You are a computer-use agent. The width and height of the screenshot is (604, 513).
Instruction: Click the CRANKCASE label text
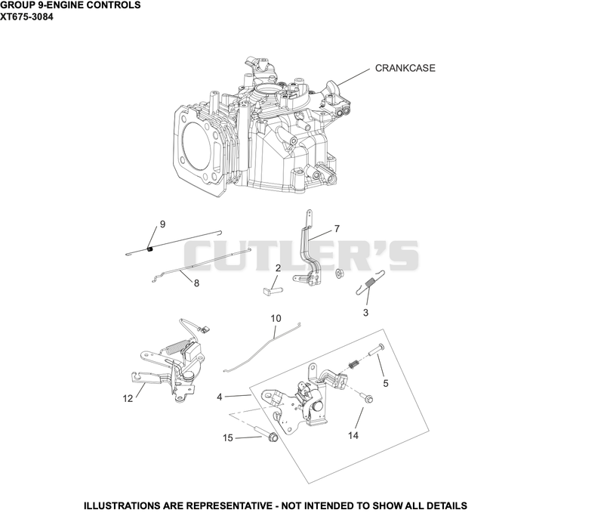405,68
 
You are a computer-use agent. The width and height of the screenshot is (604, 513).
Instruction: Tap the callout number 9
162,224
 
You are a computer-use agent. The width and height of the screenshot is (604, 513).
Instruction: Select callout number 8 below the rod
196,283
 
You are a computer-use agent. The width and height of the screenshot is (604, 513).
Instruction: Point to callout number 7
337,229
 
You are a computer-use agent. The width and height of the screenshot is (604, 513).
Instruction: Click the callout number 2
278,268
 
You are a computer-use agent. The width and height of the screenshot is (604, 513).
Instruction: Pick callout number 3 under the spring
365,313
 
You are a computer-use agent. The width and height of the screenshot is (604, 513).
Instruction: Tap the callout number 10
276,318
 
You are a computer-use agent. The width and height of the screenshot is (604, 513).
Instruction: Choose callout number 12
128,398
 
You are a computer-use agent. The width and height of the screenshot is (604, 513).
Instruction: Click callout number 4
220,397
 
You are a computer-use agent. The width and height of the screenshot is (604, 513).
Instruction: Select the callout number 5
386,384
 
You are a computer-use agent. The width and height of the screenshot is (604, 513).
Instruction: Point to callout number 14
353,435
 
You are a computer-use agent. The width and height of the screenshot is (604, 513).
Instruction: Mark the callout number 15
228,438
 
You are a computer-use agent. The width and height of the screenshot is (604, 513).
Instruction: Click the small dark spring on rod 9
150,249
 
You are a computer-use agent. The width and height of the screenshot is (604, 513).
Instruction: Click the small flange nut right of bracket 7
340,273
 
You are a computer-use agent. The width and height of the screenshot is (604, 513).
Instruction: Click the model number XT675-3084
26,17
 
